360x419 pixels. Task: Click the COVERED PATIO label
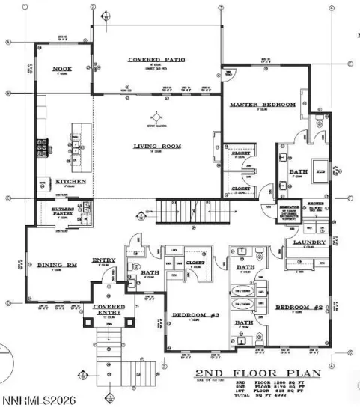[x=156, y=60]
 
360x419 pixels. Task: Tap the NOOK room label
[x=61, y=69]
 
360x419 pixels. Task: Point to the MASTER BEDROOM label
[x=262, y=104]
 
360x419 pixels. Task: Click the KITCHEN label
[x=71, y=182]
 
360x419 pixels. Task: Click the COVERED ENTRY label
[x=109, y=311]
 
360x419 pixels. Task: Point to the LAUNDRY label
[x=309, y=242]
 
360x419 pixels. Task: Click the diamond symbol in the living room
[x=156, y=117]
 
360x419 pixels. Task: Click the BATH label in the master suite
[x=297, y=172]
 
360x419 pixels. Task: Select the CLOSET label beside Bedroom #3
[x=195, y=263]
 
